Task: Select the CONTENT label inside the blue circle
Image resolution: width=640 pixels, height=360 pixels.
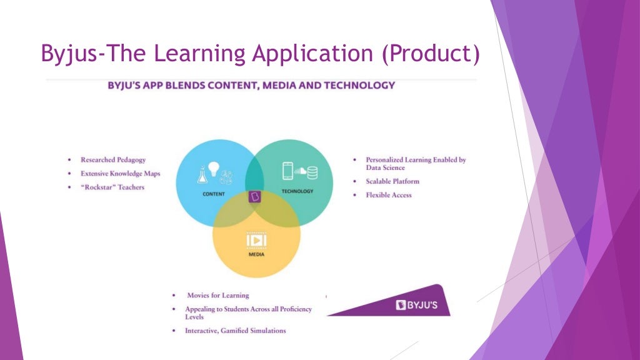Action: [214, 194]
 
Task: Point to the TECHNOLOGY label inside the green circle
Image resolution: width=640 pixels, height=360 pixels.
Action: [297, 191]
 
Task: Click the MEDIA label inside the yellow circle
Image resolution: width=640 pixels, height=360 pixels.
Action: [256, 255]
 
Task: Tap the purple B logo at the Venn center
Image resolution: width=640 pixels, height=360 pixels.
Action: [254, 196]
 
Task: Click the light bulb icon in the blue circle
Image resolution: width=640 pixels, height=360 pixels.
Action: [214, 168]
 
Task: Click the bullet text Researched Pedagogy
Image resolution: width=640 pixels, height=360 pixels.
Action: [113, 160]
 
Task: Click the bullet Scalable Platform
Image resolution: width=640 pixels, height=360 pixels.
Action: [392, 181]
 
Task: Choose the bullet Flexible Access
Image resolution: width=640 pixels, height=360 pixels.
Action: [389, 195]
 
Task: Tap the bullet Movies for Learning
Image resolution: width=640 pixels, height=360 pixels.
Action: [217, 295]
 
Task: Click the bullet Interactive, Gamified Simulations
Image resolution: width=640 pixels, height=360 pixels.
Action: [235, 331]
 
